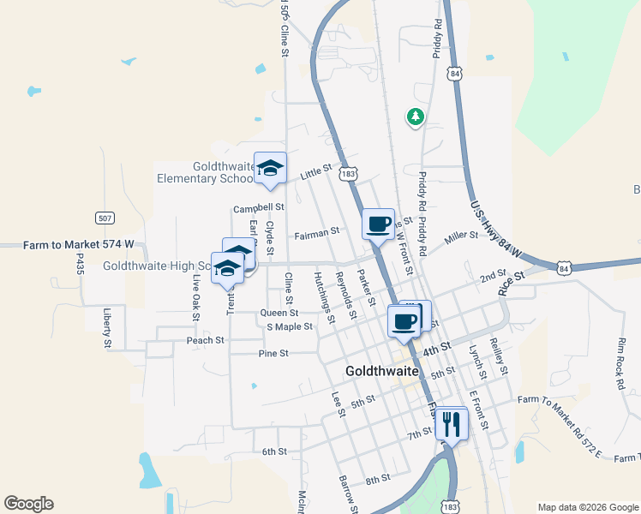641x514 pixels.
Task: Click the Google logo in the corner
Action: pyautogui.click(x=28, y=504)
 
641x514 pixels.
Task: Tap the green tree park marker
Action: pyautogui.click(x=416, y=116)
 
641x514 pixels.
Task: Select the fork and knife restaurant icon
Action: pyautogui.click(x=452, y=423)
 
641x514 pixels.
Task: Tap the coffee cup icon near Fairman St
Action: pyautogui.click(x=379, y=225)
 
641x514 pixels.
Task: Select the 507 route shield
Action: pyautogui.click(x=105, y=218)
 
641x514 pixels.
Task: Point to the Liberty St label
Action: pyautogui.click(x=108, y=329)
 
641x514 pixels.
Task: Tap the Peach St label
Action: pyautogui.click(x=205, y=340)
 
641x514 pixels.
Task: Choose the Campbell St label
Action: pyautogui.click(x=258, y=208)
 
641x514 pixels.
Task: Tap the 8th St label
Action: pyautogui.click(x=377, y=478)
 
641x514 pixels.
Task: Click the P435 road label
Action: pyautogui.click(x=80, y=264)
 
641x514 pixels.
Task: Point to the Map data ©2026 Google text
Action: pyautogui.click(x=587, y=507)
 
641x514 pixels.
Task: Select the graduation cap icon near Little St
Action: pyautogui.click(x=270, y=169)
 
